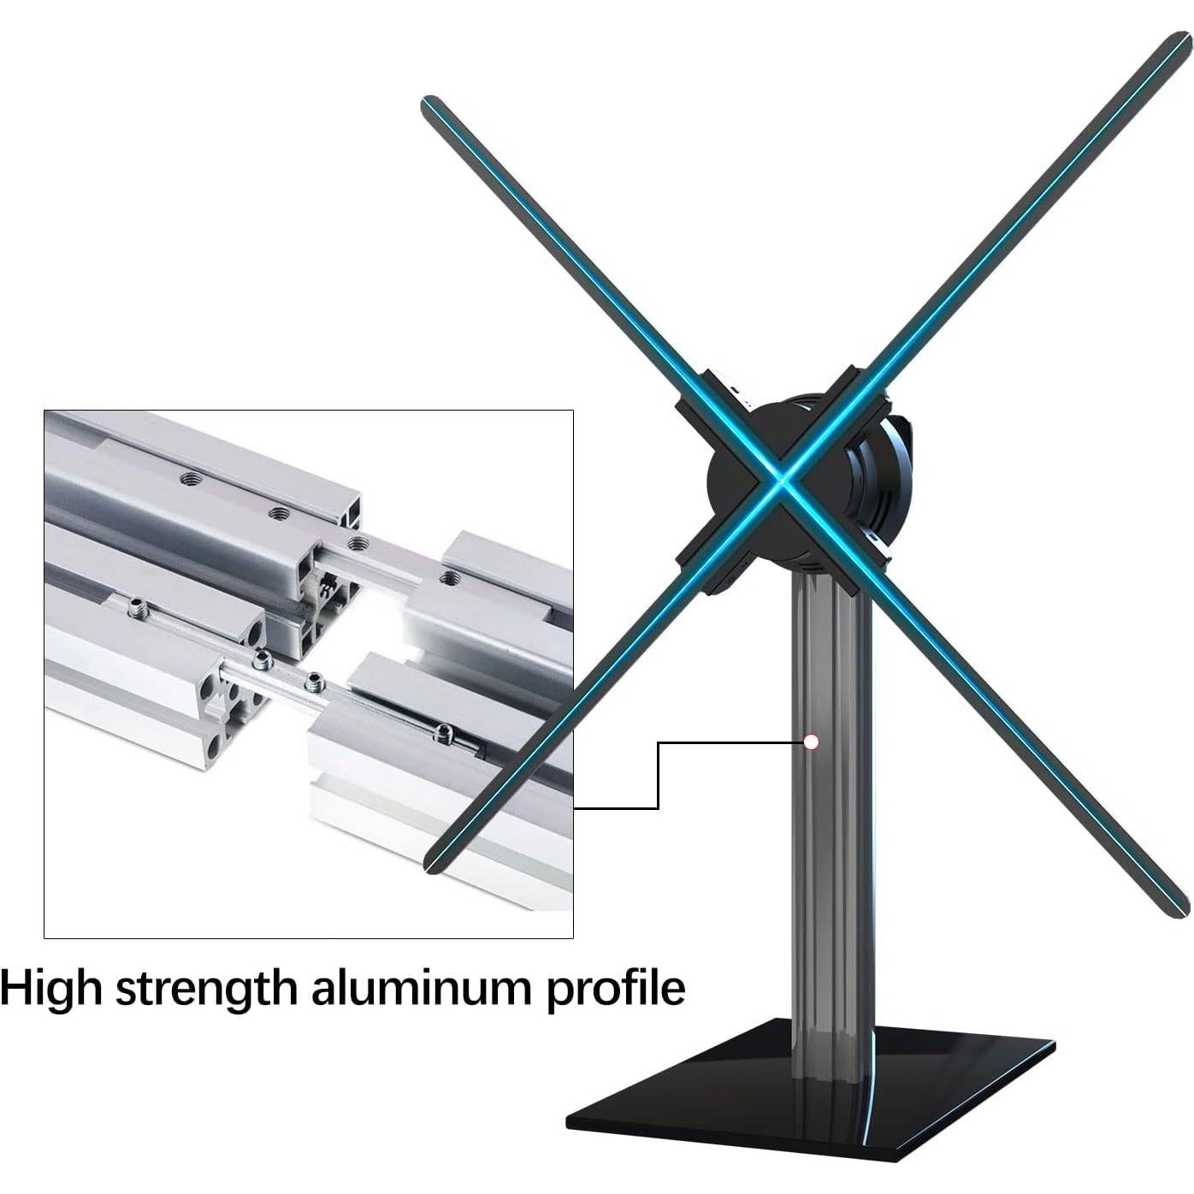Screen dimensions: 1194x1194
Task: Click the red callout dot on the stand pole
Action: tap(811, 742)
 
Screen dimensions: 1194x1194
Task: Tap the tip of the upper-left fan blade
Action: tap(428, 103)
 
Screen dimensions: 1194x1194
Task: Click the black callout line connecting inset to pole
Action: tap(657, 774)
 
